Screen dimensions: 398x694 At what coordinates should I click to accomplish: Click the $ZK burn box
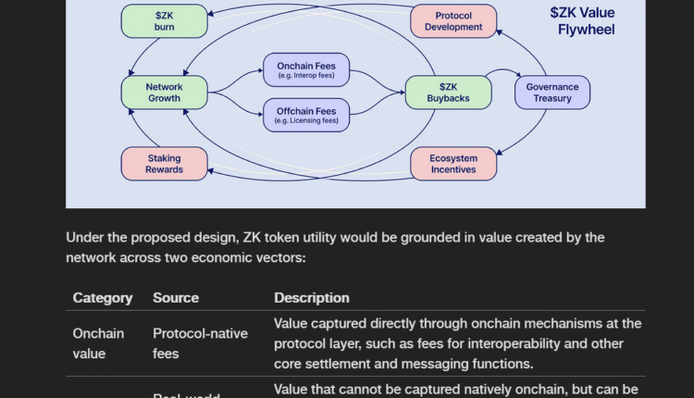point(164,21)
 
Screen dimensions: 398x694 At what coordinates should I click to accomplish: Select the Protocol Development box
point(453,21)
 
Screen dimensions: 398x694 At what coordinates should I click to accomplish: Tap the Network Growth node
point(164,93)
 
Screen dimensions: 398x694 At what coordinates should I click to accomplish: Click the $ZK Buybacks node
point(448,93)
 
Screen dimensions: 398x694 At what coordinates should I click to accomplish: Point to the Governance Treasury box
point(552,93)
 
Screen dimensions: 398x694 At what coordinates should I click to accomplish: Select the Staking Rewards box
point(164,164)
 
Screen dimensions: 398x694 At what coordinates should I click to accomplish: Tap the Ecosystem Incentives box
point(453,164)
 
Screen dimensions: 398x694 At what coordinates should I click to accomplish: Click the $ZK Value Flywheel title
point(582,21)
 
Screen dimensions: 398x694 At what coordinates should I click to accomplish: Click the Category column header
point(103,298)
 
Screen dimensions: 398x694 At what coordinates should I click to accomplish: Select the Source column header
point(176,298)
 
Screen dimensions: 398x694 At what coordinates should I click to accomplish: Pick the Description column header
point(312,298)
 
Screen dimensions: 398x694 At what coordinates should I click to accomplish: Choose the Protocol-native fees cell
point(200,343)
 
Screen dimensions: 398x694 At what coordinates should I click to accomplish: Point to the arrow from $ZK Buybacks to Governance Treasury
point(505,72)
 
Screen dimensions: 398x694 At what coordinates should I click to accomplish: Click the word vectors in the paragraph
point(275,257)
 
